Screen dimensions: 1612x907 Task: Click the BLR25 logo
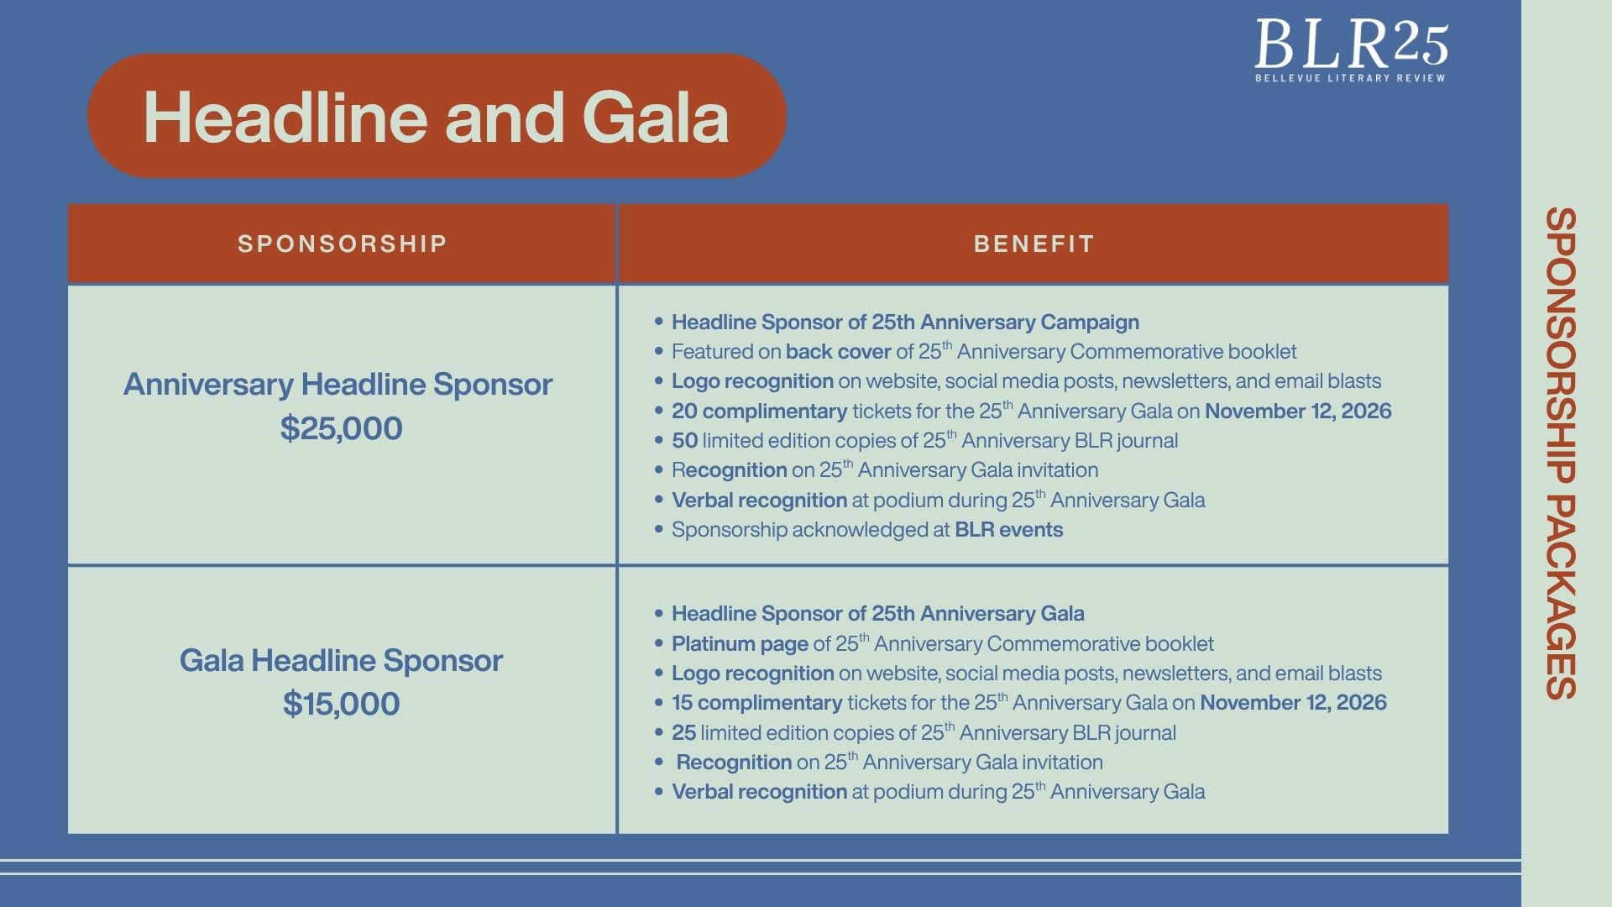(1351, 50)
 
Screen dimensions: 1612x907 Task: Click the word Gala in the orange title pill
(655, 117)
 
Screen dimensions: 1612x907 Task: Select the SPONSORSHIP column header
(342, 244)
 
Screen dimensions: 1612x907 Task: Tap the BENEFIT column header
(1034, 244)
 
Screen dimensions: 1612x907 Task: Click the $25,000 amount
(341, 428)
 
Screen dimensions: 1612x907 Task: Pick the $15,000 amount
(341, 704)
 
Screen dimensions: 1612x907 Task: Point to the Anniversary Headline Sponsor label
(338, 385)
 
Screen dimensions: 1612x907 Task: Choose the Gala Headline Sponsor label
(341, 660)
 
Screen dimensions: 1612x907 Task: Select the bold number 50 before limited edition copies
(684, 441)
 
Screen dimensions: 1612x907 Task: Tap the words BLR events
(1009, 530)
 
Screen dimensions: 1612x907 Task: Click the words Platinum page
(740, 644)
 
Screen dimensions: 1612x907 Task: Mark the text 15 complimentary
(756, 703)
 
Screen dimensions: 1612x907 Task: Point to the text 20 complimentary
(759, 412)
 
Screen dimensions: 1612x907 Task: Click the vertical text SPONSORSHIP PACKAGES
(1561, 453)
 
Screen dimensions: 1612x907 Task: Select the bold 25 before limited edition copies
(683, 733)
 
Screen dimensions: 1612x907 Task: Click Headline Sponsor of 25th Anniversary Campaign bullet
(905, 322)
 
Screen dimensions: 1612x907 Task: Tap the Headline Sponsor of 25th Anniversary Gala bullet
(877, 614)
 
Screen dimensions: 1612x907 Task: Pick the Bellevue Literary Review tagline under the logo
(1350, 78)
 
